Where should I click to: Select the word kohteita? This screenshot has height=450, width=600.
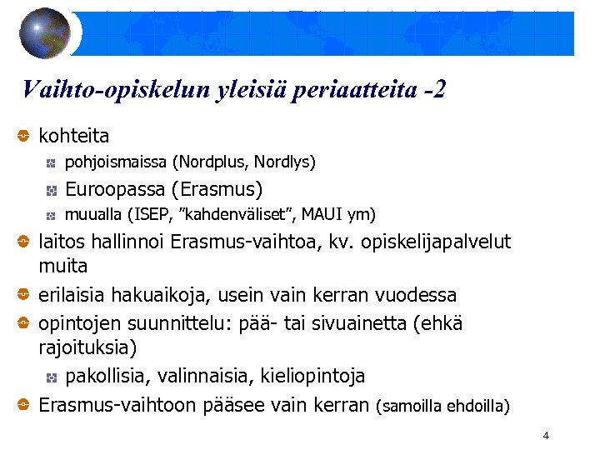(x=74, y=135)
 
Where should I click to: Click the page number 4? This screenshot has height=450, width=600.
(x=545, y=436)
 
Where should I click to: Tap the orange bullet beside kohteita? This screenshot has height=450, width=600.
(x=24, y=135)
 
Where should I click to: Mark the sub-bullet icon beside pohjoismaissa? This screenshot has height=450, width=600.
(x=51, y=162)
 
